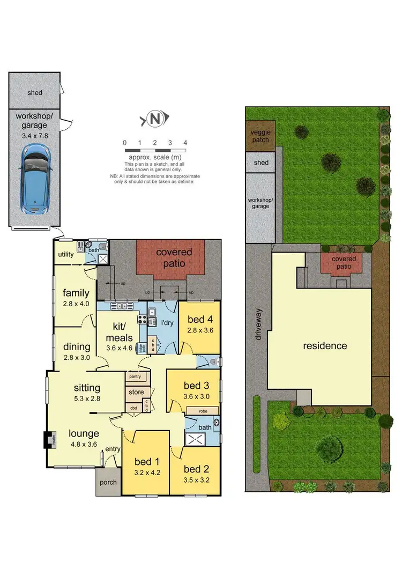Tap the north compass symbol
tap(155, 119)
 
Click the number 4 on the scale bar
tap(185, 143)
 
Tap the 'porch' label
tap(108, 482)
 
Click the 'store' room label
tap(136, 393)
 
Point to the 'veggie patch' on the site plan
tap(260, 135)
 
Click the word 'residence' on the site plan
tap(325, 346)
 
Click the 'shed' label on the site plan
tap(261, 162)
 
